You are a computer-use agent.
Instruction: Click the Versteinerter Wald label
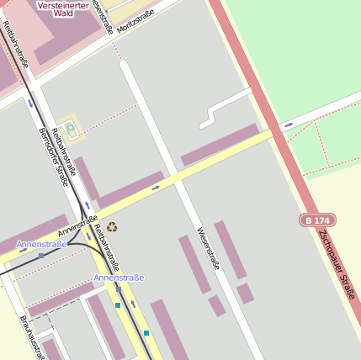point(64,9)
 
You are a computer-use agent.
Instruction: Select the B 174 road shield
point(316,220)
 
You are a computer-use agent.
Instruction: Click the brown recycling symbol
point(112,226)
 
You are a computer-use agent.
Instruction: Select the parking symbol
point(70,129)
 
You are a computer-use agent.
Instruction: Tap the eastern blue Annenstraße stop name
point(119,278)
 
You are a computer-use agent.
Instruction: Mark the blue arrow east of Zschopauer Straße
point(289,124)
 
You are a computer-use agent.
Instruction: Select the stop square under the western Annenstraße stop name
point(40,255)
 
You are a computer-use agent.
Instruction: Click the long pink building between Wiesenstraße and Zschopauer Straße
point(220,144)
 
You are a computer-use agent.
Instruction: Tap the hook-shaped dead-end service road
point(220,106)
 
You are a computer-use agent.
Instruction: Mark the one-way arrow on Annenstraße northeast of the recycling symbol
point(155,188)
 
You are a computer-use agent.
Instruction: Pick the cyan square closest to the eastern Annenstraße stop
point(118,305)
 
